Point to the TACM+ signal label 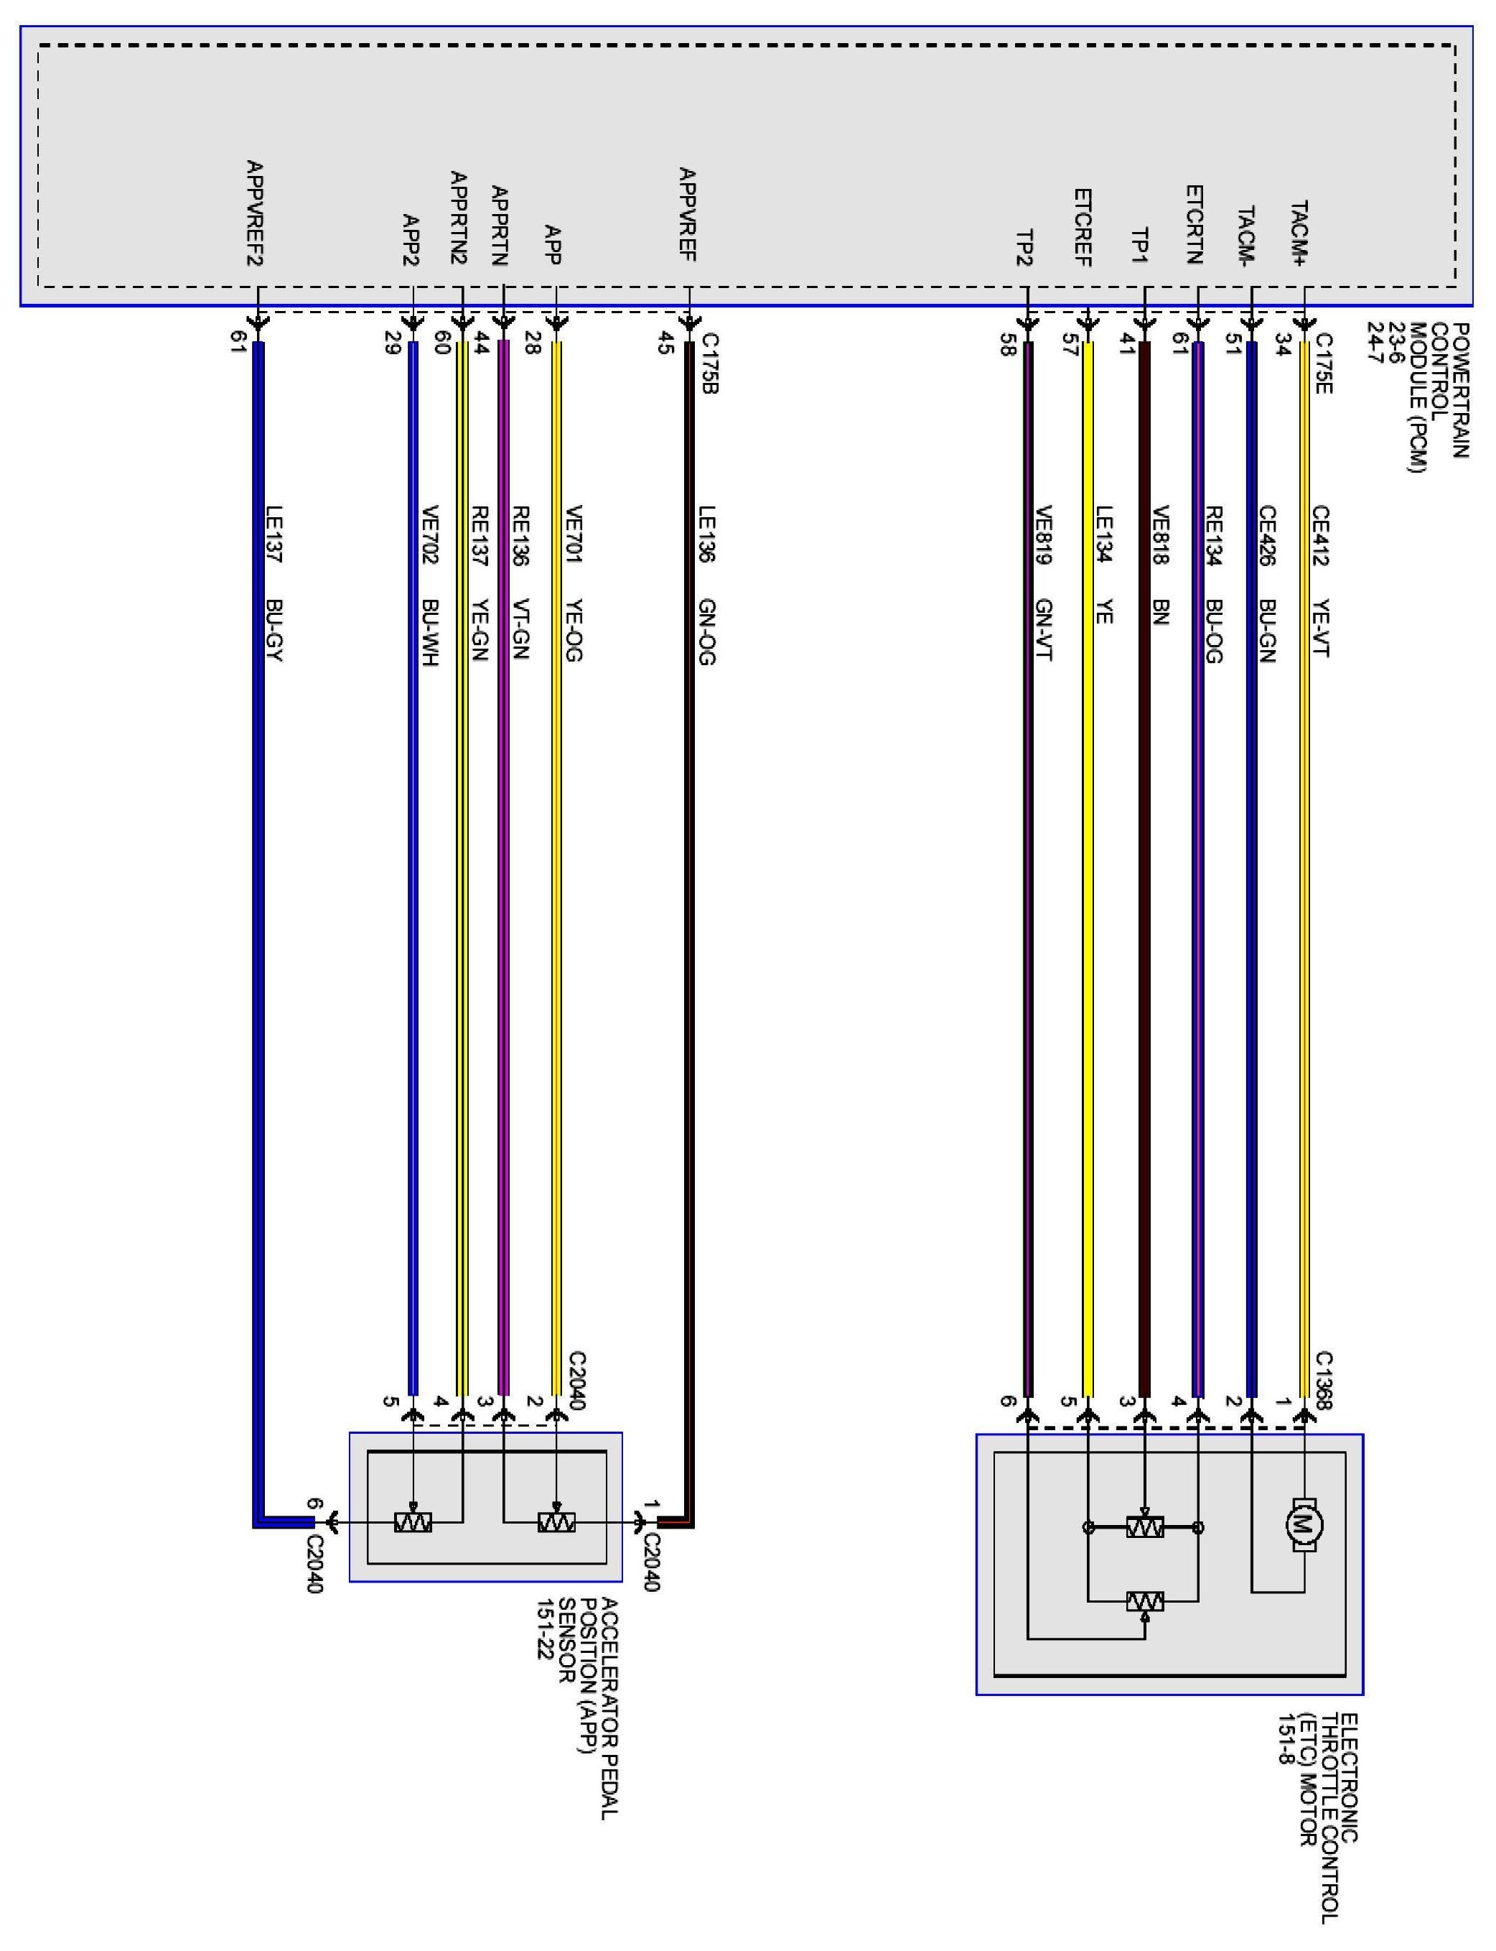(x=1300, y=233)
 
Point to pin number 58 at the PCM (x=1008, y=345)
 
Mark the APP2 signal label (x=411, y=241)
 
